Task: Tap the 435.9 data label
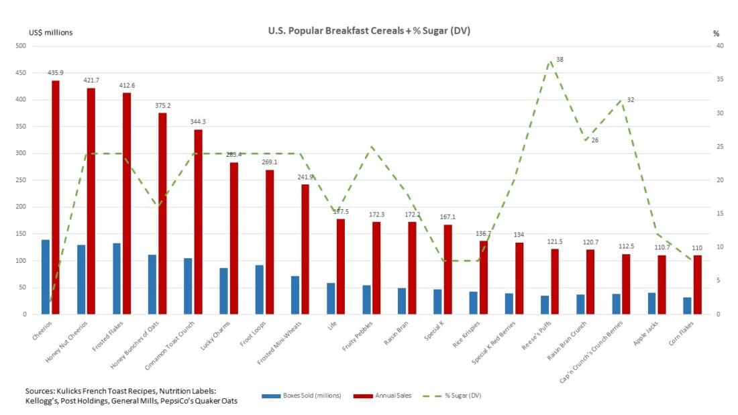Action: (x=56, y=72)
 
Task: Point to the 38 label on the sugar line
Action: (x=560, y=60)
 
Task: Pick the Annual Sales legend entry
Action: (x=382, y=396)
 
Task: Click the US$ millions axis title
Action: (x=50, y=32)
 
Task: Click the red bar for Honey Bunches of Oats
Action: (x=162, y=213)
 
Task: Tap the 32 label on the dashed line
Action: (x=631, y=100)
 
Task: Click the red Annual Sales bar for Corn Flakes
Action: (x=697, y=284)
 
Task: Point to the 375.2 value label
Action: (x=162, y=105)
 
